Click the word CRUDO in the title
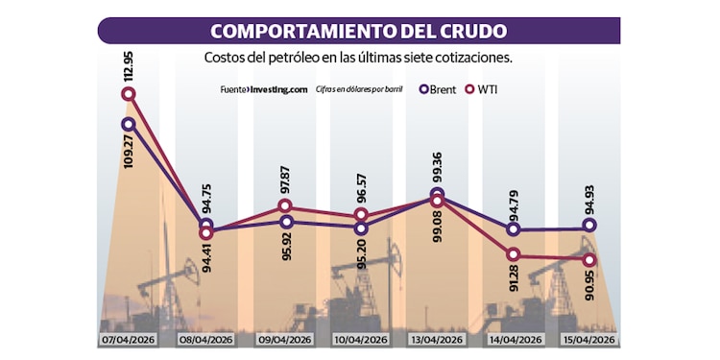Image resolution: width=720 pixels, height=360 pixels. [464, 29]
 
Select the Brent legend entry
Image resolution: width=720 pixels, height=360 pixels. [438, 89]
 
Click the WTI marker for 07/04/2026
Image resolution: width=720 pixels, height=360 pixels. [129, 94]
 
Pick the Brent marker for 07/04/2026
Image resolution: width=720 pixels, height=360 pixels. [129, 124]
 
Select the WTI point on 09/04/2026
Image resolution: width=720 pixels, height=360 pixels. [285, 206]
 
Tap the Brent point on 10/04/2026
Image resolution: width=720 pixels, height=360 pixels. [361, 228]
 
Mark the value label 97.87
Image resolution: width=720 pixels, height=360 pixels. [285, 180]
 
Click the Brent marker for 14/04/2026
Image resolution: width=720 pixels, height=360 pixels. [514, 229]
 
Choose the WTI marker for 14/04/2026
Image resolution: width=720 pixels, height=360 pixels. [514, 253]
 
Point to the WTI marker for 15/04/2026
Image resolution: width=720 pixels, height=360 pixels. [588, 259]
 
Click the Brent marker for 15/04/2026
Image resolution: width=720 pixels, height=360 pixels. [588, 226]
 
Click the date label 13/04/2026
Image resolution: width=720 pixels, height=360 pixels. [437, 341]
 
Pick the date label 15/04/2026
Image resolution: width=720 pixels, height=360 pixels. [588, 341]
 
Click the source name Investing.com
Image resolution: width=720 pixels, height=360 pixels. [276, 89]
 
